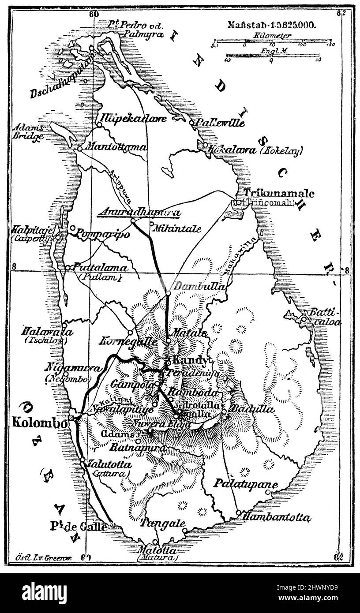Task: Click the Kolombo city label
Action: click(x=40, y=422)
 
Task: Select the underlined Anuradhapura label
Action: click(x=139, y=212)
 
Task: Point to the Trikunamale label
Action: click(x=279, y=193)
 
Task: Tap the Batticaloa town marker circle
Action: click(x=304, y=319)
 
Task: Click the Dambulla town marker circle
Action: click(x=168, y=293)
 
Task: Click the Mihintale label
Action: click(x=176, y=229)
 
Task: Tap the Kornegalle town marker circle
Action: click(x=130, y=332)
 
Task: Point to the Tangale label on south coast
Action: click(x=163, y=523)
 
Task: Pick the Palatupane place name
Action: click(x=246, y=484)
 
